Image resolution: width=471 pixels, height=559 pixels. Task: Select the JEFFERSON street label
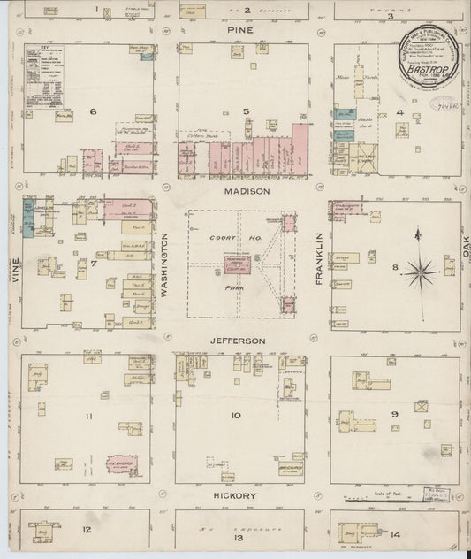(239, 340)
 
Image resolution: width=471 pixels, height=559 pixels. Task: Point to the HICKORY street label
(239, 496)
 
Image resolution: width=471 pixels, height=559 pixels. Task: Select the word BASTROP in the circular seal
(426, 64)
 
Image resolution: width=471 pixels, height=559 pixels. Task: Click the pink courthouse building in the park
(236, 263)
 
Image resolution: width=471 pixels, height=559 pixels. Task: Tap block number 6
(92, 112)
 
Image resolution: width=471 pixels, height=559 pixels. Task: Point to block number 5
(248, 112)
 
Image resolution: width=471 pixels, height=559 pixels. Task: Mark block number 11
(89, 416)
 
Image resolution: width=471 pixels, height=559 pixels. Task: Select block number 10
(236, 415)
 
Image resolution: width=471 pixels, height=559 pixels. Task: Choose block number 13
(237, 538)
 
